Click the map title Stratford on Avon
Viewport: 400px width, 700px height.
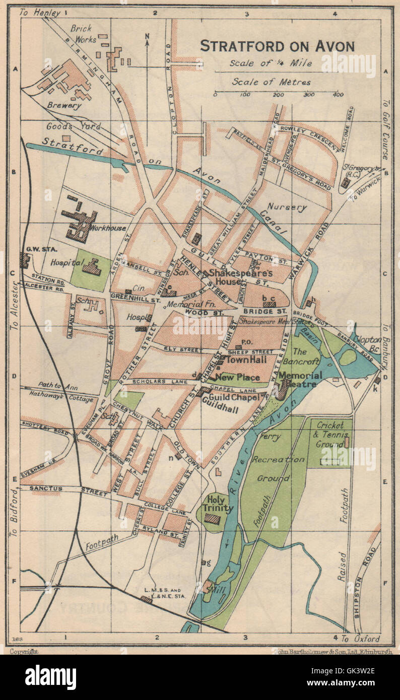(x=277, y=46)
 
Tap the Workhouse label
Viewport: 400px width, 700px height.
(x=107, y=228)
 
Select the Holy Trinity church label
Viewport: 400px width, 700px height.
(x=218, y=504)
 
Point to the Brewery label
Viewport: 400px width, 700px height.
(x=64, y=106)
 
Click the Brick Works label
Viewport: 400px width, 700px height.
(x=81, y=34)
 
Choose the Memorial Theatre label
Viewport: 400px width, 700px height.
(x=300, y=380)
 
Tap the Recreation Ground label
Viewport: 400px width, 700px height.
(x=278, y=465)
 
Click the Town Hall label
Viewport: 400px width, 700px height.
(x=246, y=360)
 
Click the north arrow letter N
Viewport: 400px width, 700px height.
(x=147, y=36)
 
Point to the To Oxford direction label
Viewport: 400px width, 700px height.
(x=361, y=639)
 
